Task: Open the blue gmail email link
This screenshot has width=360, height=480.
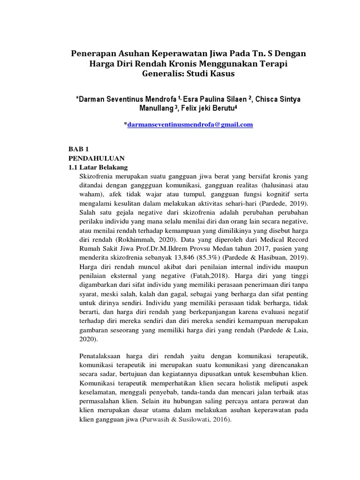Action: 190,124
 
